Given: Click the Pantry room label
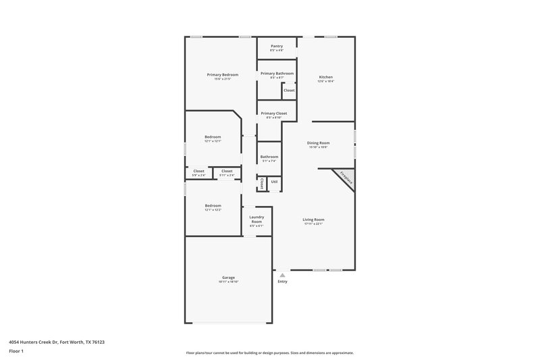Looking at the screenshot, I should pyautogui.click(x=277, y=46).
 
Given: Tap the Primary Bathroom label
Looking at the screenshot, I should pyautogui.click(x=277, y=73).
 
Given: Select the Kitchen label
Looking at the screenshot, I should pyautogui.click(x=326, y=77).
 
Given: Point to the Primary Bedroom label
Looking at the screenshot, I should pyautogui.click(x=223, y=74).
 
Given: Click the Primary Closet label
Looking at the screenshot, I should pyautogui.click(x=274, y=113).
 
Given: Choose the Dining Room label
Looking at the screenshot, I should pyautogui.click(x=318, y=143).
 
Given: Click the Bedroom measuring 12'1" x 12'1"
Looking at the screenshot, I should pyautogui.click(x=213, y=137).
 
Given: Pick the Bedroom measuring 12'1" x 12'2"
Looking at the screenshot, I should pyautogui.click(x=213, y=205).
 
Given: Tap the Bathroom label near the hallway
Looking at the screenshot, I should pyautogui.click(x=269, y=157).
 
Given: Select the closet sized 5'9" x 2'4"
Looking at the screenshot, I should pyautogui.click(x=199, y=172).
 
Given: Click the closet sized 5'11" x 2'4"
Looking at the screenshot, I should pyautogui.click(x=227, y=172).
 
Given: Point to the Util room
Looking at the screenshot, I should pyautogui.click(x=274, y=182).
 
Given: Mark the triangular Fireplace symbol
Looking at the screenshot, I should pyautogui.click(x=344, y=178).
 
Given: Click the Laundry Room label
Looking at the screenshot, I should pyautogui.click(x=256, y=220).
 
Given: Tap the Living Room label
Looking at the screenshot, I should pyautogui.click(x=314, y=220).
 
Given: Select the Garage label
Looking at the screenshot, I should pyautogui.click(x=229, y=278).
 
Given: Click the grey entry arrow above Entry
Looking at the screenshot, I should pyautogui.click(x=282, y=275).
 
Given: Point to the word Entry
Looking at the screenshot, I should pyautogui.click(x=282, y=282).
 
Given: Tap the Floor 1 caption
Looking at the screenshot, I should pyautogui.click(x=16, y=352).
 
